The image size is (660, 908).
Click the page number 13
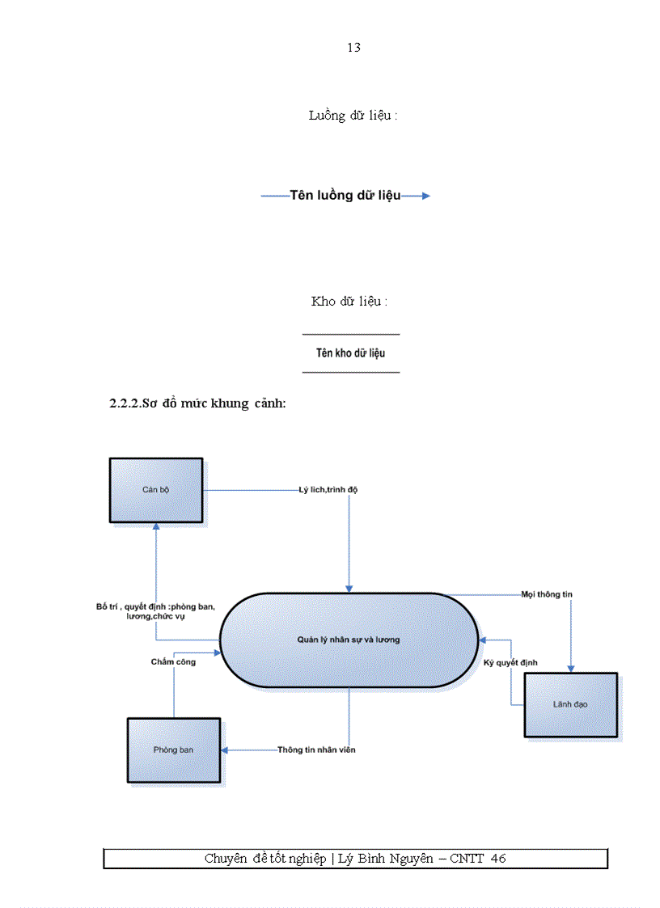353,47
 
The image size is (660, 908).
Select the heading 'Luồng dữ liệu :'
353,116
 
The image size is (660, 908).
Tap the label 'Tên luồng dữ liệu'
345,196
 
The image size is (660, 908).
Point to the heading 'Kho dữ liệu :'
349,302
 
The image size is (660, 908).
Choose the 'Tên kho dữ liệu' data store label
351,353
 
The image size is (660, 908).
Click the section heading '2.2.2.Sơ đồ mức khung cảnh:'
197,403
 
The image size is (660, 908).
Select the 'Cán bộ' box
155,490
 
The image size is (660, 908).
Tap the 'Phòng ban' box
173,750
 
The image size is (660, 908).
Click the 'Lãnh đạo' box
570,704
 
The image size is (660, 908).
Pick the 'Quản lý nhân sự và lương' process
349,640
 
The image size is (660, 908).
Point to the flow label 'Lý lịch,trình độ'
328,490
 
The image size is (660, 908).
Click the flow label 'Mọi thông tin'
547,594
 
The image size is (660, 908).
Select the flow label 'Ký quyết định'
511,663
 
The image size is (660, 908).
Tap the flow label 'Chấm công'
173,662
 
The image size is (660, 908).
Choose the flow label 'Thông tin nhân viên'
316,750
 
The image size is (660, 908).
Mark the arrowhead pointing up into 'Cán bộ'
157,526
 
